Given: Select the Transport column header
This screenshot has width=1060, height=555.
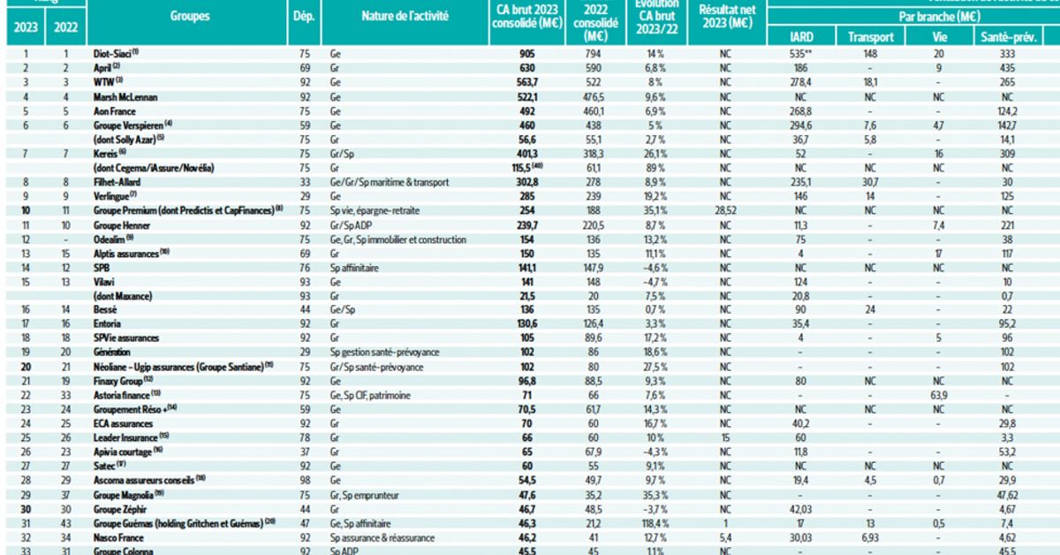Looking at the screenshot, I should (x=871, y=36).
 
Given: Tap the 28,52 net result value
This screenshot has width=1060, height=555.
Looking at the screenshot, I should (x=724, y=210).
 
